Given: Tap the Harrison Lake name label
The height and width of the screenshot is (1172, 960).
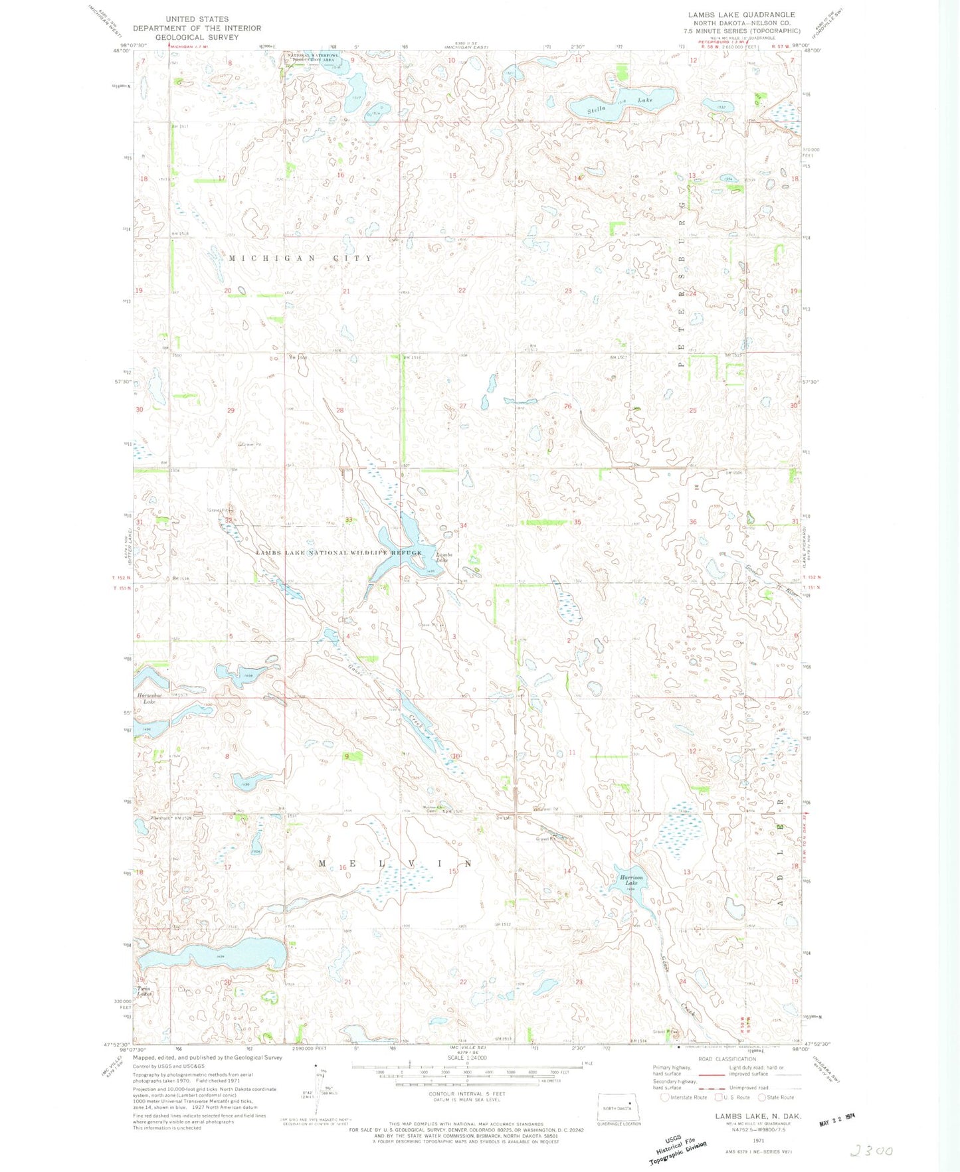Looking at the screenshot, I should pyautogui.click(x=628, y=880).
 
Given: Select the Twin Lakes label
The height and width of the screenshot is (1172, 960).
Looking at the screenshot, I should pyautogui.click(x=145, y=992).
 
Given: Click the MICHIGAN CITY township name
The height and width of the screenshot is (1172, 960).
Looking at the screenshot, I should pyautogui.click(x=301, y=258).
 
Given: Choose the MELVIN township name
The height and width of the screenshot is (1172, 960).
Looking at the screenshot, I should pyautogui.click(x=395, y=863).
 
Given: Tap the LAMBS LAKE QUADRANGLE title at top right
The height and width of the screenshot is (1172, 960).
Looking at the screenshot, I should pyautogui.click(x=741, y=15).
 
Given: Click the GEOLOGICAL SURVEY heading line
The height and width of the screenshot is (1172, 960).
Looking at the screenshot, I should pyautogui.click(x=197, y=37).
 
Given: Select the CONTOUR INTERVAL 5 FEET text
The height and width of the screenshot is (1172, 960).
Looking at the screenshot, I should pyautogui.click(x=467, y=1094).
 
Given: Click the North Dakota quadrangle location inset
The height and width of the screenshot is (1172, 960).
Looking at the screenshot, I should pyautogui.click(x=619, y=1108).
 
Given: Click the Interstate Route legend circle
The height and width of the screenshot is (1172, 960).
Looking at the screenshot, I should pyautogui.click(x=664, y=1097).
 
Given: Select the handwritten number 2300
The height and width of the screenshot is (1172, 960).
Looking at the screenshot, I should pyautogui.click(x=871, y=1151).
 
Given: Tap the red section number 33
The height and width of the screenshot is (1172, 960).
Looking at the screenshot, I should pyautogui.click(x=348, y=520).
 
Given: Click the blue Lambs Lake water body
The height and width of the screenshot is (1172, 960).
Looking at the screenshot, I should pyautogui.click(x=399, y=551).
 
